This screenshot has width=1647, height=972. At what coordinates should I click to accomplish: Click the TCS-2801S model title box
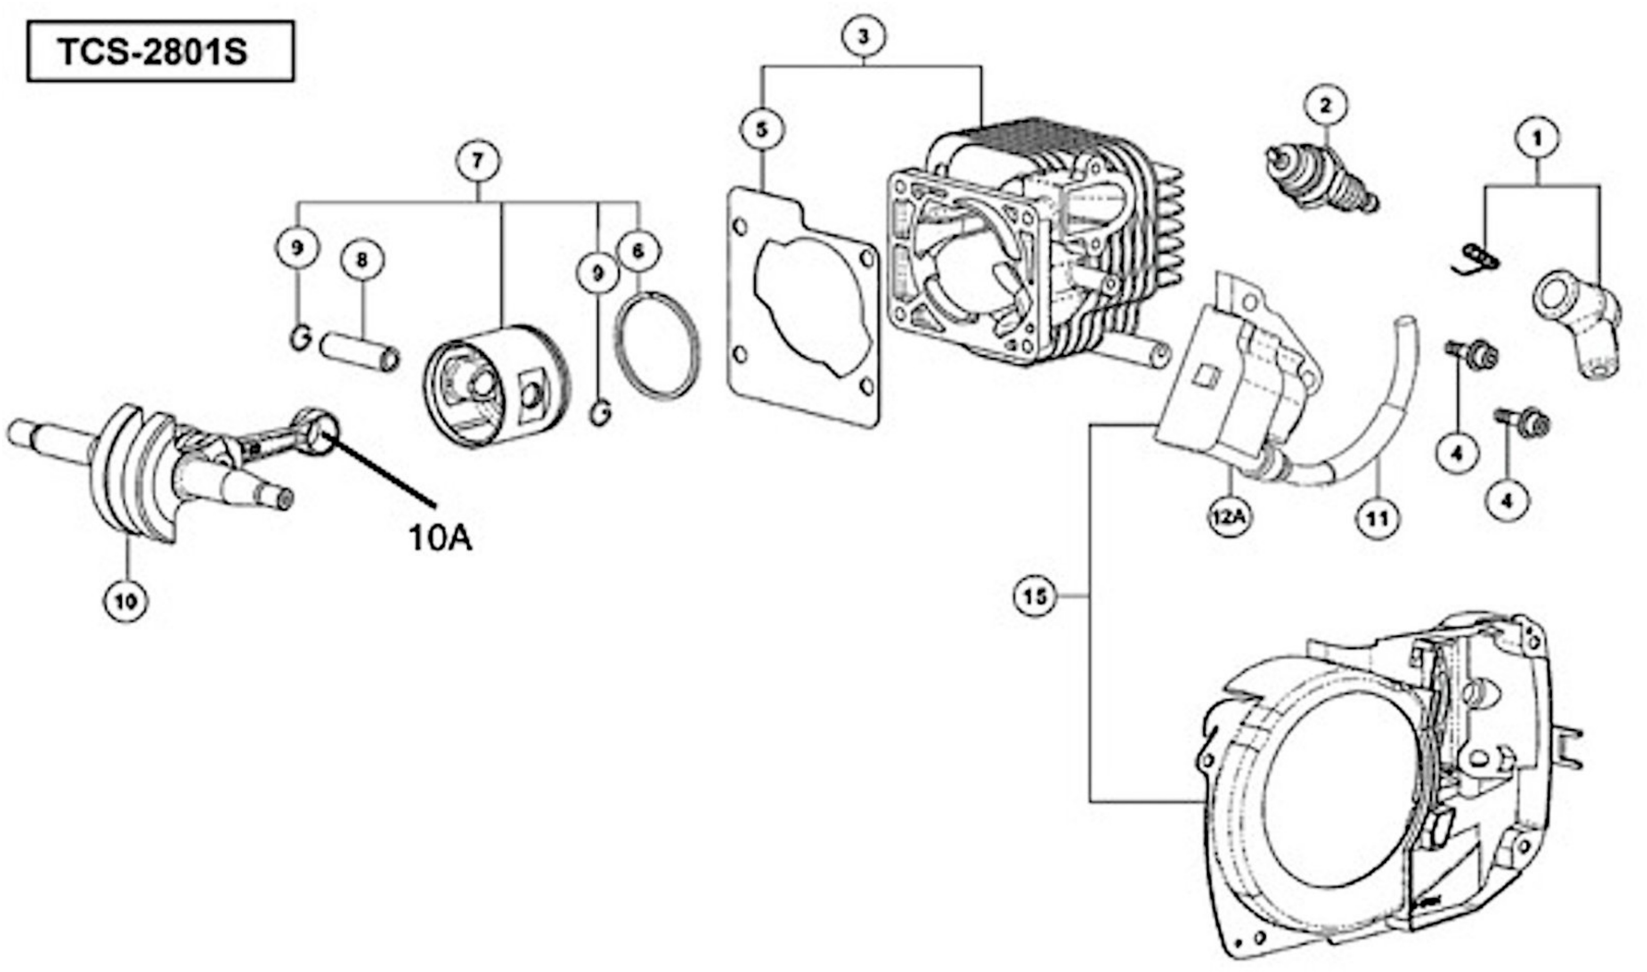tap(160, 51)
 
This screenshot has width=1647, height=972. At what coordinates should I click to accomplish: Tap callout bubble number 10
tap(126, 601)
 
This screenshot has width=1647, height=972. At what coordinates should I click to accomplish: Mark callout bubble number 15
tap(1035, 596)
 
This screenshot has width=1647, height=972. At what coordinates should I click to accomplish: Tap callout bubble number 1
tap(1537, 138)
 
